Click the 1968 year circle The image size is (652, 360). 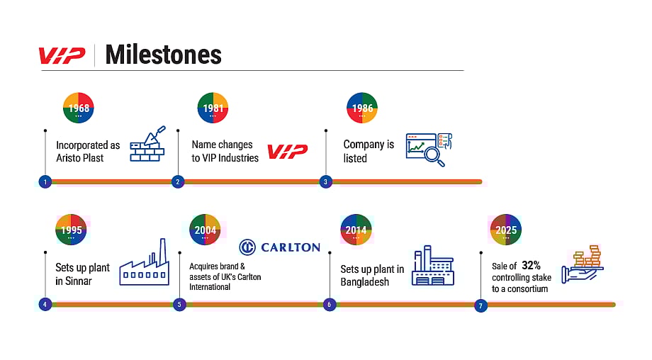coord(79,108)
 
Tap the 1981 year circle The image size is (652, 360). coord(213,108)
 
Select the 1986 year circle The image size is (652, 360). coord(361,108)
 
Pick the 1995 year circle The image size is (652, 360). coord(71,230)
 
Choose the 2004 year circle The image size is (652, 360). coord(205,230)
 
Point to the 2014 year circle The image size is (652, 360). coord(356,230)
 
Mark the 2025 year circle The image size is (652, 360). coord(505,230)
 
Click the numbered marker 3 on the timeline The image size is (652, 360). coord(325,181)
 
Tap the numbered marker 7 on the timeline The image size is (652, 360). coord(480,305)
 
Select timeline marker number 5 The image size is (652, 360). coord(179,304)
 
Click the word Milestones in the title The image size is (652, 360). coord(164,55)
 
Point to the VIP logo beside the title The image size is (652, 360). coord(62,56)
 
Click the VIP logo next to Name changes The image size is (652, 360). coord(287,152)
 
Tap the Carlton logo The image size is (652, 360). coord(280,247)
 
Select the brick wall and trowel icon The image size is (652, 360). coord(148,144)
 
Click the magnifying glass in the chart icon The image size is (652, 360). coord(434,157)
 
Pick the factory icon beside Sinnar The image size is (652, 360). coord(145,262)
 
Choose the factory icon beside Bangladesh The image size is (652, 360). coord(433,266)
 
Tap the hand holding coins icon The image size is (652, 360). coord(582,264)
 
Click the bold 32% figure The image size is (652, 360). coord(531,265)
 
